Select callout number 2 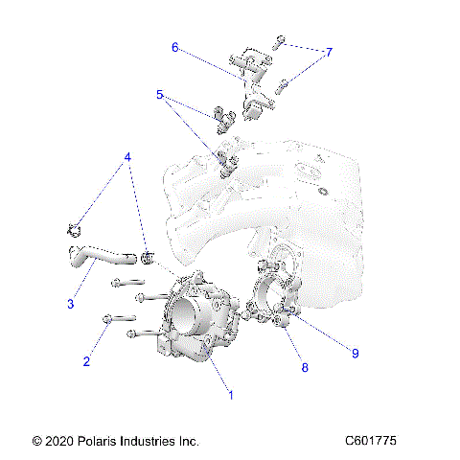[86, 361]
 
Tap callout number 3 [71, 305]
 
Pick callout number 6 [175, 46]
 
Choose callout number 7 [329, 53]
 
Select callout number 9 [354, 353]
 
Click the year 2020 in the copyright [55, 441]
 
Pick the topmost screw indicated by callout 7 [278, 41]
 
